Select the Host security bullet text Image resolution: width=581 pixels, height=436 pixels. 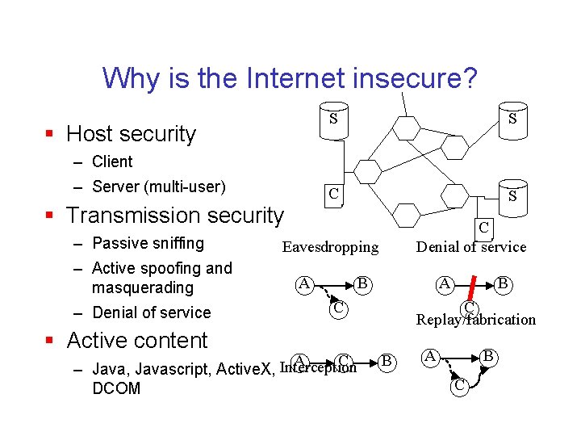[131, 134]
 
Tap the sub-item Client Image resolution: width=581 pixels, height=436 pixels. [112, 161]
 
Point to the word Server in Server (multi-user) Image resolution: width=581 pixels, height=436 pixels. [115, 187]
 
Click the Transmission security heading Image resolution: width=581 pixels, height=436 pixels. [175, 216]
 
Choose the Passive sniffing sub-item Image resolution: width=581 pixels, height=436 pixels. [148, 243]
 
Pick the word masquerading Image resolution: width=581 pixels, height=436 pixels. [143, 287]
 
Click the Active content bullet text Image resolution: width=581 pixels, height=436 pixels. [137, 341]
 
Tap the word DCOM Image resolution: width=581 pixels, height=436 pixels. [116, 388]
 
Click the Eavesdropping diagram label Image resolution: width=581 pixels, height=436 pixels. [329, 247]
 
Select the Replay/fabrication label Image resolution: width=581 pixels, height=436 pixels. [475, 320]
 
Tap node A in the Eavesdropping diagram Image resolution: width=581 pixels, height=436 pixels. [304, 283]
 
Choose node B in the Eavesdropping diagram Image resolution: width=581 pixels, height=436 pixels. [363, 283]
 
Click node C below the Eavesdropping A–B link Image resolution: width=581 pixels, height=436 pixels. [340, 308]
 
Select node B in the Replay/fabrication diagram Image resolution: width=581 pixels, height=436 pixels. [488, 355]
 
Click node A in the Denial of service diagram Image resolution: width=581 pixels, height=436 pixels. [444, 283]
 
